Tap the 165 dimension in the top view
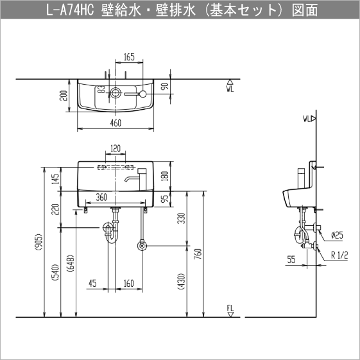point(129,58)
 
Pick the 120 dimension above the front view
point(116,149)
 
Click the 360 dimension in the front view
point(101,198)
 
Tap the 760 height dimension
point(199,255)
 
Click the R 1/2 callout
point(339,255)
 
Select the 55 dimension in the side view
point(291,260)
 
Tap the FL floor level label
point(230,311)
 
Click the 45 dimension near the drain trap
point(93,283)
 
